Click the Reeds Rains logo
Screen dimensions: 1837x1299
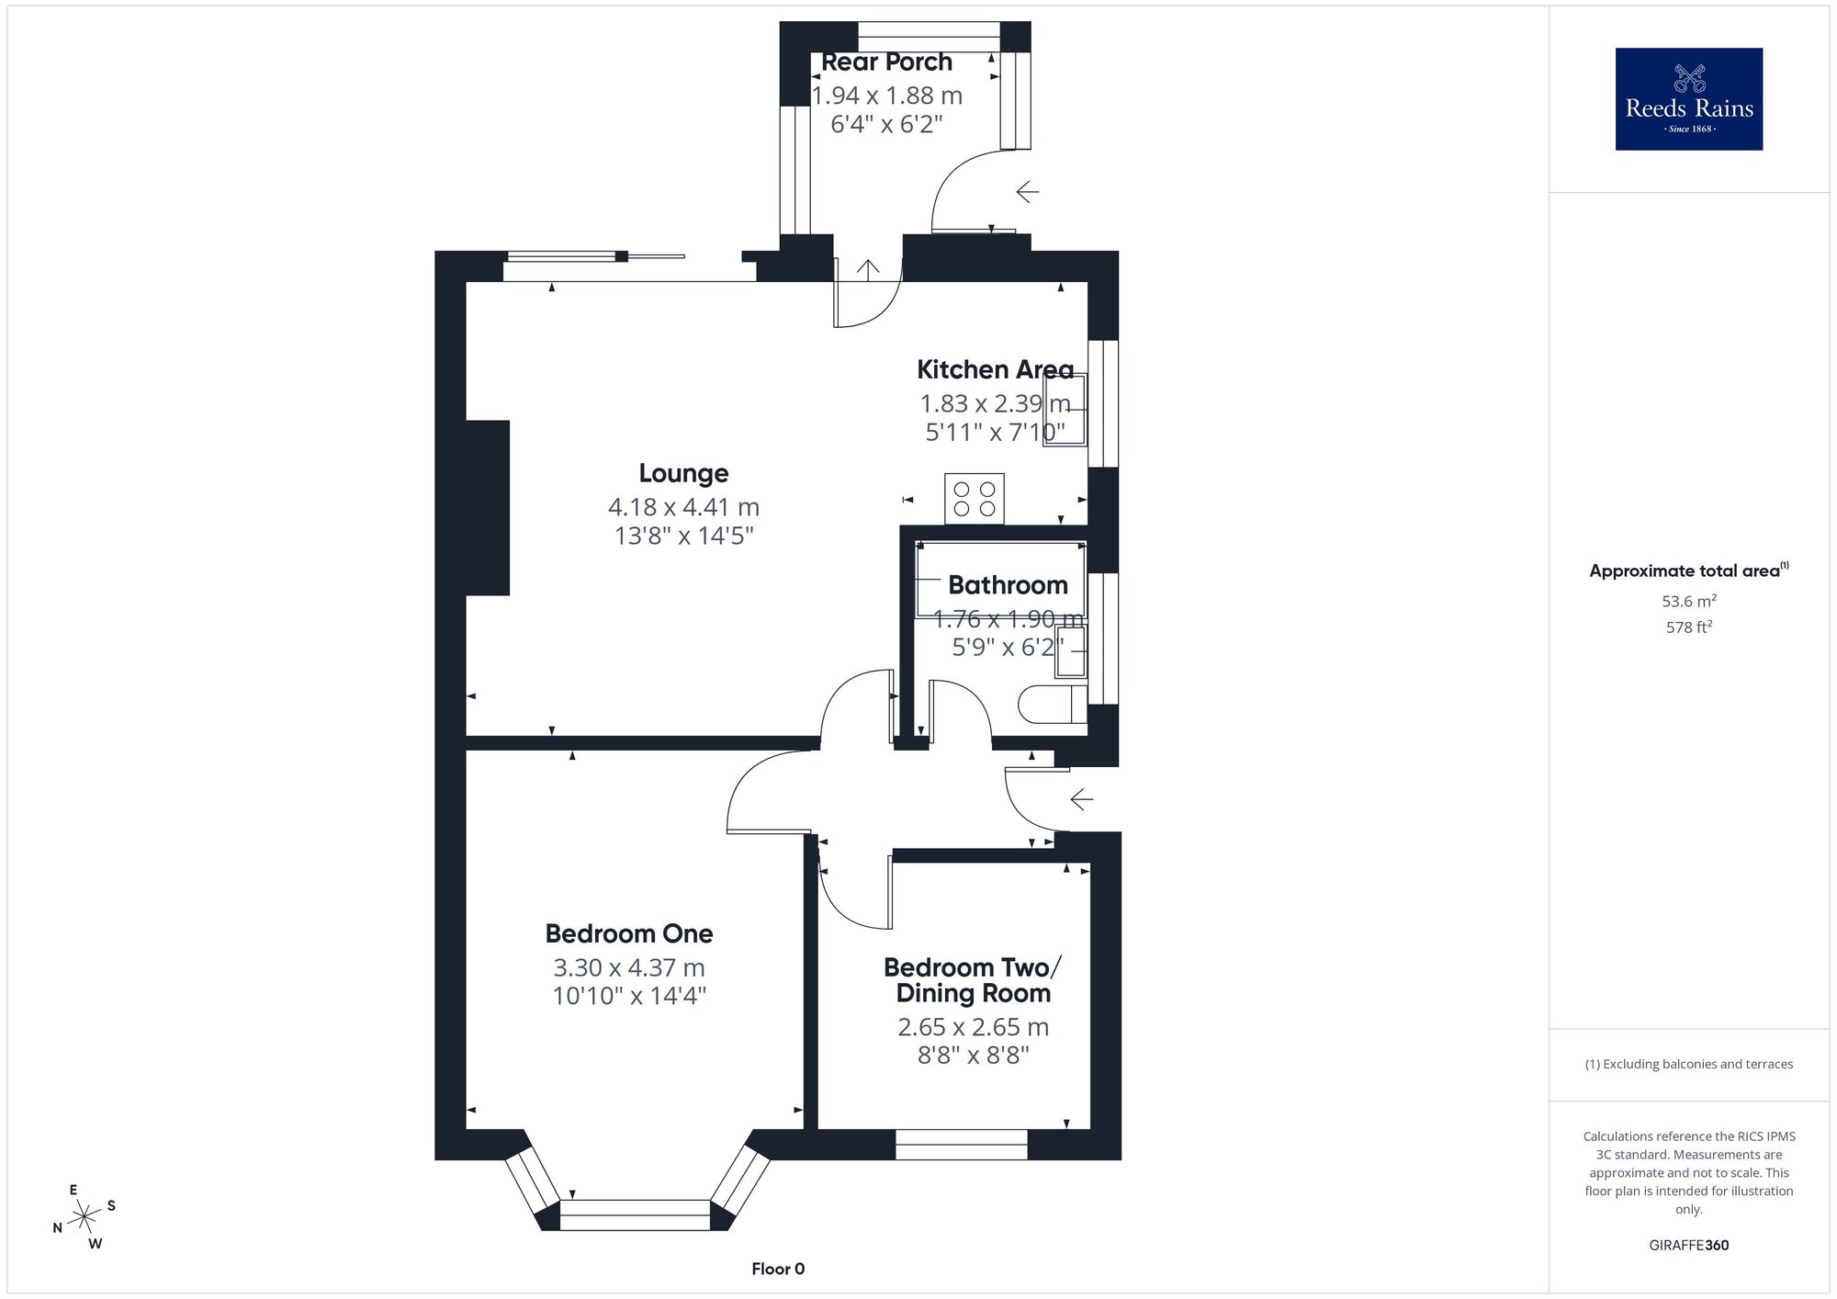coord(1689,99)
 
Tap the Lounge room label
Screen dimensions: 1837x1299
coord(684,473)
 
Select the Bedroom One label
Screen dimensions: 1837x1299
coord(629,933)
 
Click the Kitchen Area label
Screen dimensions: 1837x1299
coord(996,369)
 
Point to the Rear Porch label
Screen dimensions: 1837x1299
coord(886,62)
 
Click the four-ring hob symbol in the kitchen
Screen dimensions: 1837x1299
coord(975,499)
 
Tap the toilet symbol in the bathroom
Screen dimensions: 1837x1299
coord(1053,705)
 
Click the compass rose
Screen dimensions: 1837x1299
coord(85,1217)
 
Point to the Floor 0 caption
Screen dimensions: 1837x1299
coord(778,1269)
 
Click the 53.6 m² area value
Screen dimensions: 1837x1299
coord(1689,602)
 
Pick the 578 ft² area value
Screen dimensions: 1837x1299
coord(1689,627)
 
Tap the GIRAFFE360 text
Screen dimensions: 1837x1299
coord(1689,1246)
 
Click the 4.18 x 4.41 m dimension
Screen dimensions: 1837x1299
coord(684,507)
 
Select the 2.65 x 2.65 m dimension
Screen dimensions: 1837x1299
coord(974,1027)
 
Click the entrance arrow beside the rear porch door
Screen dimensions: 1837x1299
coord(1028,192)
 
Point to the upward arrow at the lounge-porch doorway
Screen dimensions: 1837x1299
coord(868,268)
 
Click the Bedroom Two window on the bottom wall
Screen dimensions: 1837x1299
coord(962,1145)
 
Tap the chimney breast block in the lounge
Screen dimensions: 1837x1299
coord(487,508)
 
